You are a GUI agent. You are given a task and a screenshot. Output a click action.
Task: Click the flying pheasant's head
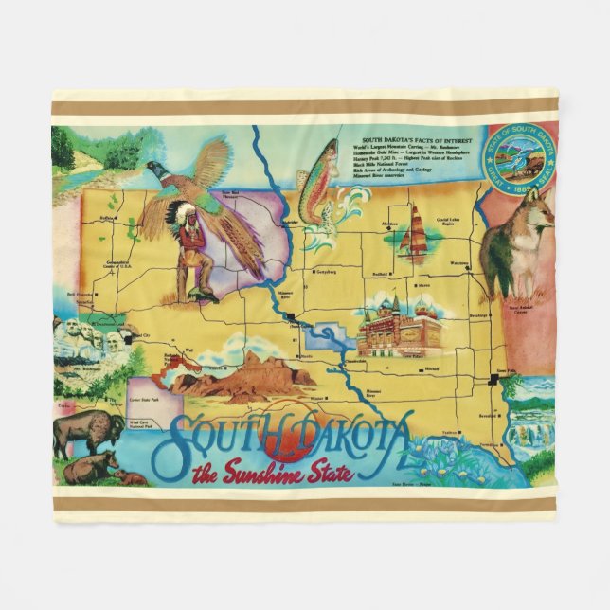click(x=153, y=170)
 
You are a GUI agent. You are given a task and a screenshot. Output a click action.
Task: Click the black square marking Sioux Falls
click(x=494, y=381)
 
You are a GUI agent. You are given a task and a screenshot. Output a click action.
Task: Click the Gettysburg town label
click(x=326, y=269)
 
